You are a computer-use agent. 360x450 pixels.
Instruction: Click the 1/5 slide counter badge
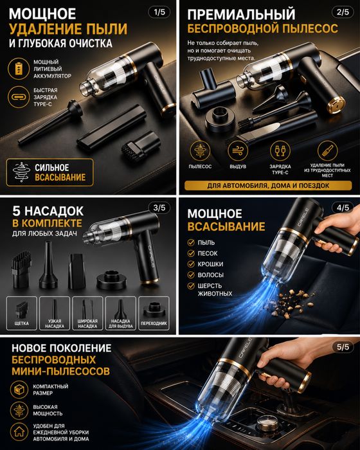pyautogui.click(x=159, y=12)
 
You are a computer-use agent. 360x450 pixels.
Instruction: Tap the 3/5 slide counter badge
pyautogui.click(x=159, y=208)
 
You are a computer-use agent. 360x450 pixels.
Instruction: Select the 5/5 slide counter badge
pyautogui.click(x=343, y=347)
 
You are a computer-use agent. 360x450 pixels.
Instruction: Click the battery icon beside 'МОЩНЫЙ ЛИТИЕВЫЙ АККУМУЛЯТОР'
pyautogui.click(x=19, y=69)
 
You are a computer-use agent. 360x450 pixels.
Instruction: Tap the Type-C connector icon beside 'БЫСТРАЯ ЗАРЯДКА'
pyautogui.click(x=19, y=97)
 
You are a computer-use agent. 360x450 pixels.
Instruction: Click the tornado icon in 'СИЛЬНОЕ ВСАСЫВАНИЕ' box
pyautogui.click(x=21, y=172)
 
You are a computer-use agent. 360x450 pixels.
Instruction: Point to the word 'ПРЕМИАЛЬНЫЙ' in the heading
pyautogui.click(x=241, y=14)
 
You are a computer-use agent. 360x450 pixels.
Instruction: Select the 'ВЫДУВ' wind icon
pyautogui.click(x=238, y=150)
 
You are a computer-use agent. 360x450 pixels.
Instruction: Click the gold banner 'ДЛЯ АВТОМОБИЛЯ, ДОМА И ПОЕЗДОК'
pyautogui.click(x=268, y=186)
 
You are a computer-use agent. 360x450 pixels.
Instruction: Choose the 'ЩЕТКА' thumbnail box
pyautogui.click(x=22, y=313)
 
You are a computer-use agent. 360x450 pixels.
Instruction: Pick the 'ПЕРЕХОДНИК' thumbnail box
pyautogui.click(x=154, y=313)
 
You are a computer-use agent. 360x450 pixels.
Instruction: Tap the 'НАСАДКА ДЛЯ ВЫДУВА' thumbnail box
pyautogui.click(x=121, y=313)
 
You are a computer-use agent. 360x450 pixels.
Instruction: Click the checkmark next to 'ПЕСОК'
pyautogui.click(x=191, y=253)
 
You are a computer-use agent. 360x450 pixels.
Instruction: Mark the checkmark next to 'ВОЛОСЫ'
pyautogui.click(x=191, y=274)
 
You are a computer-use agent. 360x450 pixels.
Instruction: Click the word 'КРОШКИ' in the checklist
pyautogui.click(x=210, y=264)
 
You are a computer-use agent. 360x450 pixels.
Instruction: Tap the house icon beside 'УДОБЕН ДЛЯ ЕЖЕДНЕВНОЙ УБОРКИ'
pyautogui.click(x=19, y=431)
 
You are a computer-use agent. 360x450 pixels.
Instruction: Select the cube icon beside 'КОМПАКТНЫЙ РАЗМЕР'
pyautogui.click(x=19, y=390)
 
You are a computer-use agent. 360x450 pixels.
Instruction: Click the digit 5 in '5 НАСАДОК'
pyautogui.click(x=16, y=212)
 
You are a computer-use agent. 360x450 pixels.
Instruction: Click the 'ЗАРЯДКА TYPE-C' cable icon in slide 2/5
pyautogui.click(x=280, y=150)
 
